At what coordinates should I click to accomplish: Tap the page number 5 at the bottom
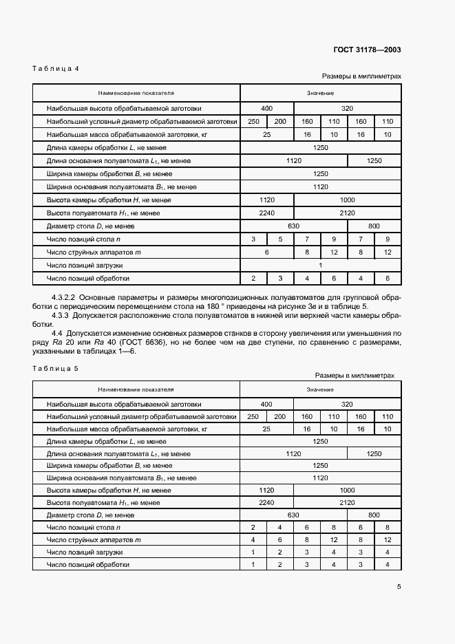click(399, 587)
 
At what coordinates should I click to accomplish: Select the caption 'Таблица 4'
click(56, 68)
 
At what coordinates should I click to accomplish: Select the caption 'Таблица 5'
click(56, 368)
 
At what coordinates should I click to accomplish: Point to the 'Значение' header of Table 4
click(320, 92)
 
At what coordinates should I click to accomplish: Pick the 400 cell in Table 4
click(266, 109)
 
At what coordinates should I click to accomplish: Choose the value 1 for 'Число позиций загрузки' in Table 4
click(320, 265)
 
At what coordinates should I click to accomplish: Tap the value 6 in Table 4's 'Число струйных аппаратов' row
click(266, 252)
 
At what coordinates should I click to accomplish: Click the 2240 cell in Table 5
click(266, 502)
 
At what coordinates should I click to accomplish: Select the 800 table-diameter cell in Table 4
click(374, 226)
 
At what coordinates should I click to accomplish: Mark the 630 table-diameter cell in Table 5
click(293, 515)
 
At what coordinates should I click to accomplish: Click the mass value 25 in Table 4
click(266, 135)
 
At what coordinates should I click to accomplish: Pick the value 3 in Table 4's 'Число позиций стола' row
click(253, 239)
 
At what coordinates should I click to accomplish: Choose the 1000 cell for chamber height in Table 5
click(347, 490)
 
